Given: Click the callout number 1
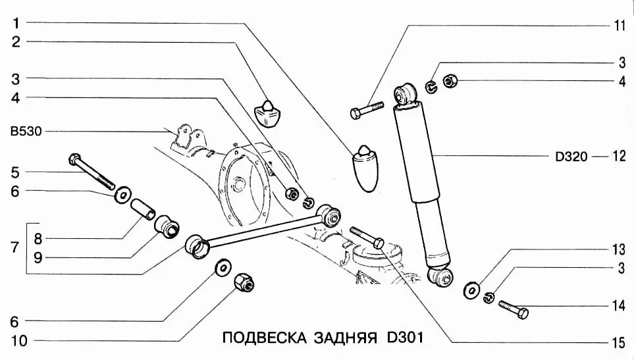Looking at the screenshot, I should click(x=14, y=23).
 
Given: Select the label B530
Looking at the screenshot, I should click(x=25, y=131).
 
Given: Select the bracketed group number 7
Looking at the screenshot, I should click(x=14, y=248).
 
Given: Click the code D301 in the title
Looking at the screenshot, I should click(x=400, y=338).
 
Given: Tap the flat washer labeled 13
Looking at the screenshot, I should click(x=471, y=289).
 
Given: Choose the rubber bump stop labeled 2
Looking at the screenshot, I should click(x=267, y=112).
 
